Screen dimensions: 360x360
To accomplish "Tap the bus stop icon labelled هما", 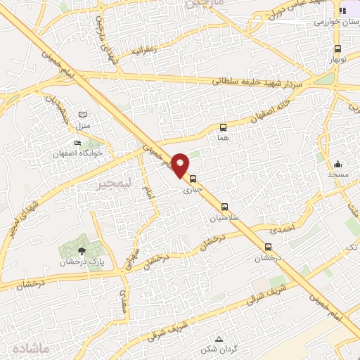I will coord(224,127).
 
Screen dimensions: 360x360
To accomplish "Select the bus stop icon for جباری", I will coord(193,179).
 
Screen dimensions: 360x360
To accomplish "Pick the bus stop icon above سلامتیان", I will coord(224,207).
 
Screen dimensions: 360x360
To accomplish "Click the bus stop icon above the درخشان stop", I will coord(268,247).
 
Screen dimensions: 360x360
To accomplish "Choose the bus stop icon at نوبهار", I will coord(339,49).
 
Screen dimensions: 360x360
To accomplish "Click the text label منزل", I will coord(83,125).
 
